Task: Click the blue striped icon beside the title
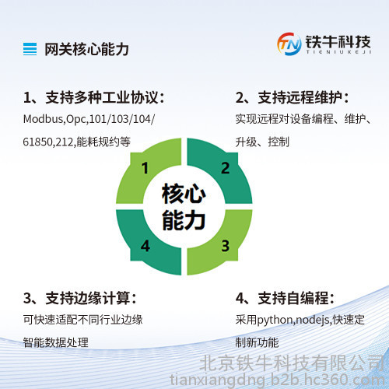tap(30, 49)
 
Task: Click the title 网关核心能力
tap(86, 49)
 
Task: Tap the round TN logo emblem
tap(289, 44)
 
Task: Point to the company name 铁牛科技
tap(338, 42)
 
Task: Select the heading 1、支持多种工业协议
tap(94, 98)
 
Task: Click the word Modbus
tap(43, 119)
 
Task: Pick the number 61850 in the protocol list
tap(37, 142)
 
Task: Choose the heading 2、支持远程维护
tap(292, 98)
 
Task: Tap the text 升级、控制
tap(262, 142)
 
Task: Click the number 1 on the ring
tap(145, 168)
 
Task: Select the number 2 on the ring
tap(225, 168)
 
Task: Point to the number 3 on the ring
tap(225, 246)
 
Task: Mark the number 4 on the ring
tap(145, 246)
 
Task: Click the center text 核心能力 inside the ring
tap(184, 207)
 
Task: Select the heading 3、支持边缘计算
tap(80, 298)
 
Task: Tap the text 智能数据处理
tap(56, 342)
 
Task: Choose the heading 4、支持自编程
tap(285, 298)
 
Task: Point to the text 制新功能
tap(257, 342)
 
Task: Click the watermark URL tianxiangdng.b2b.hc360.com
tap(277, 380)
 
